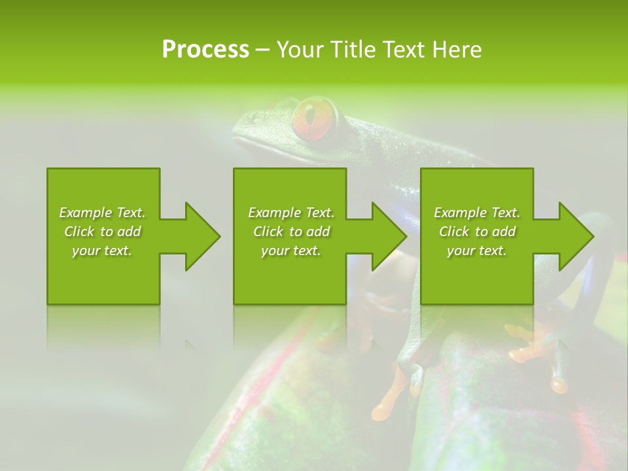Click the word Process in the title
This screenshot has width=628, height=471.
tap(205, 50)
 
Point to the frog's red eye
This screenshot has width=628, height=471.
tap(315, 118)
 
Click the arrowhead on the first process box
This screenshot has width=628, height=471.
tap(200, 236)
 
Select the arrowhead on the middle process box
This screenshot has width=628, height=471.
tap(387, 236)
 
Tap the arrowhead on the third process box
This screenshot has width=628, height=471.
tap(574, 236)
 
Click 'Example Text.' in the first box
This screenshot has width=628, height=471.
tap(102, 213)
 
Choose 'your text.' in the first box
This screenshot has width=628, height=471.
tap(102, 251)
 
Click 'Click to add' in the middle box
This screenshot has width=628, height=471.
tap(291, 232)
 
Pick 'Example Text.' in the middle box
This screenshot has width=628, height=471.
tap(291, 213)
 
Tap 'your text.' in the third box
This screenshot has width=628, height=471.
tap(477, 251)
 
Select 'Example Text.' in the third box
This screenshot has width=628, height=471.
tap(477, 213)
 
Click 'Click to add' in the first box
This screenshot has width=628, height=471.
tap(102, 232)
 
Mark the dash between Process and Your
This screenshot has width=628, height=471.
tap(262, 50)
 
